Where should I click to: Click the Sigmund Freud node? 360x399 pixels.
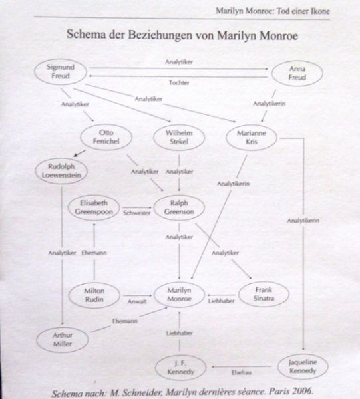[61, 72]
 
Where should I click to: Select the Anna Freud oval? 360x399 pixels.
[297, 73]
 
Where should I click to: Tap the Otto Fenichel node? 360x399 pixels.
[106, 137]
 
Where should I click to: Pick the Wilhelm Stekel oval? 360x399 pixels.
[179, 138]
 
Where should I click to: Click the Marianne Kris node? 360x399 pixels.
[252, 138]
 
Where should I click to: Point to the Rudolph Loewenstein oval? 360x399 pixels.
[61, 171]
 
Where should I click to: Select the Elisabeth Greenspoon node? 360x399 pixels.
[94, 207]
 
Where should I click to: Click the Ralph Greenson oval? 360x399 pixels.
[179, 207]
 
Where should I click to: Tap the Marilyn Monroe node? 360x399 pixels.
[179, 295]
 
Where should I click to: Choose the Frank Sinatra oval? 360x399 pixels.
[264, 294]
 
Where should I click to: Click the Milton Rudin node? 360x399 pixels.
[94, 295]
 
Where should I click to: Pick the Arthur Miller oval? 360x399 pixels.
[63, 340]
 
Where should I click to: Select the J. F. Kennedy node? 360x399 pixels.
[180, 368]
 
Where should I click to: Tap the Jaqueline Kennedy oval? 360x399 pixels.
[303, 366]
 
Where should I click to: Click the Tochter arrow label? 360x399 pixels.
[179, 82]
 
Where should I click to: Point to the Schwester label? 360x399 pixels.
[136, 213]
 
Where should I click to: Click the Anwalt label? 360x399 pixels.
[137, 301]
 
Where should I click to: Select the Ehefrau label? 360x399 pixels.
[242, 373]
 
